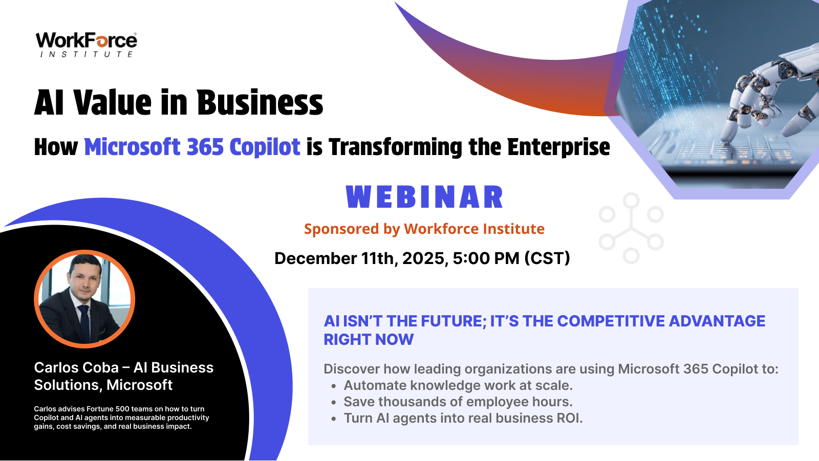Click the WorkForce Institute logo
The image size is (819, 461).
click(x=87, y=45)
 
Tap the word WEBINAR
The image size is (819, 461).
click(x=424, y=197)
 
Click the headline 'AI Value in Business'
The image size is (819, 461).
click(x=179, y=103)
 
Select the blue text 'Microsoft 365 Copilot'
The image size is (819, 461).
click(x=192, y=147)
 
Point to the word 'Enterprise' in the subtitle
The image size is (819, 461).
click(x=558, y=147)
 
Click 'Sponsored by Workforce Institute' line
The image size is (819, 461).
click(x=424, y=229)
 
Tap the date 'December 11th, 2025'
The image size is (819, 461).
click(x=360, y=258)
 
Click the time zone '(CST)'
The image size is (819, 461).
click(x=547, y=258)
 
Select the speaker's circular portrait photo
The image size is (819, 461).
click(x=84, y=299)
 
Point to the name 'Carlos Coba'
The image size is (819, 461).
click(x=76, y=368)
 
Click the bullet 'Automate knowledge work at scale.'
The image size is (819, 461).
click(x=458, y=385)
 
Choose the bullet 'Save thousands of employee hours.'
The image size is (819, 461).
click(x=458, y=402)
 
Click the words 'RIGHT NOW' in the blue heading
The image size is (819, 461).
click(x=369, y=340)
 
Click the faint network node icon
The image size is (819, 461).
click(x=631, y=228)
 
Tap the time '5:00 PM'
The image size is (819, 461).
click(x=486, y=258)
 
